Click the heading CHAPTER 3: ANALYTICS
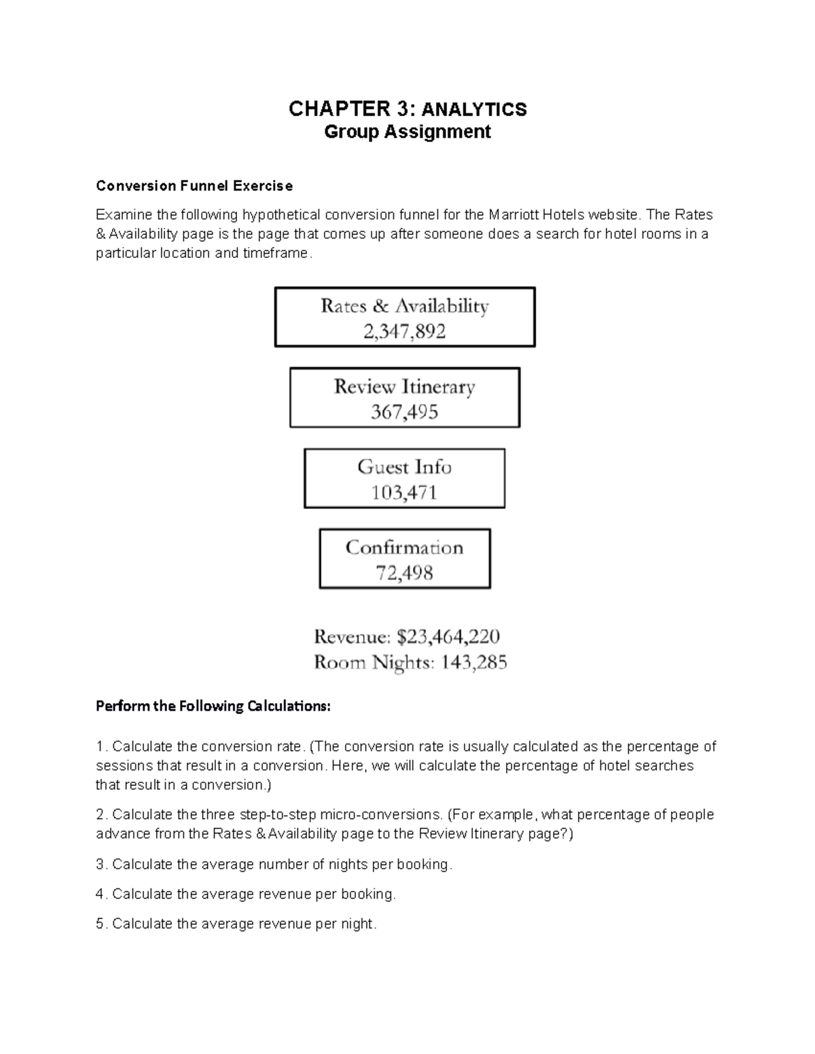pos(407,109)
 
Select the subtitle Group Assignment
pos(407,132)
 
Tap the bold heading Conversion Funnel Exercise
pos(194,186)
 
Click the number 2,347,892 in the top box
pos(404,332)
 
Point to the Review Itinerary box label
pos(404,387)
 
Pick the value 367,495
pos(404,412)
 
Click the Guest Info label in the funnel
pos(404,467)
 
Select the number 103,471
pos(404,493)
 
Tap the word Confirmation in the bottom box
pos(404,547)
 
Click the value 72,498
pos(404,573)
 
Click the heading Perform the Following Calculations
pos(213,707)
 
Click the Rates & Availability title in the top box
pos(404,306)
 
